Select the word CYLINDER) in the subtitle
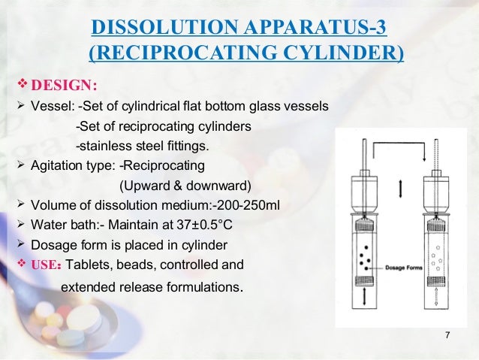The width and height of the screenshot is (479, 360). coord(352,54)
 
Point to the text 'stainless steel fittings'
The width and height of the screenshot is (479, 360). coord(147,145)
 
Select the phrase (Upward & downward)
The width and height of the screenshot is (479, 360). coord(185,185)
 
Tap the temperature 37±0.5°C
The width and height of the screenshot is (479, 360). coord(200,224)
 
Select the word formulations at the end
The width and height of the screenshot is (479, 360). coord(203,286)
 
